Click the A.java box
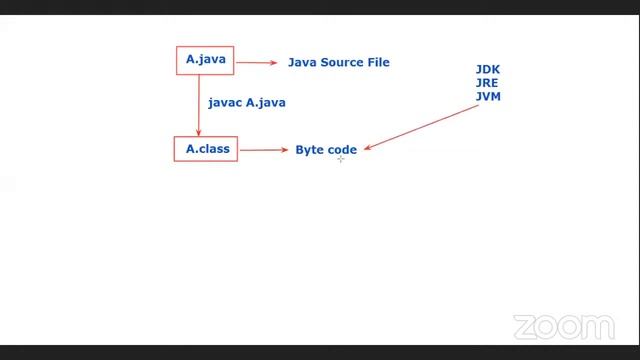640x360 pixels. point(206,60)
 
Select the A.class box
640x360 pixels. point(207,150)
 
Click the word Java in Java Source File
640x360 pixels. point(302,62)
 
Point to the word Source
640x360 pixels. point(342,62)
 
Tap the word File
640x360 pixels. point(378,62)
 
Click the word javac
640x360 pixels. point(225,103)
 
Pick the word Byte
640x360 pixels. point(309,150)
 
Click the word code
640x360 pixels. point(342,150)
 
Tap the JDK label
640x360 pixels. point(488,70)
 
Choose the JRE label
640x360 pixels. point(488,83)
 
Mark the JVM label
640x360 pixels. point(488,96)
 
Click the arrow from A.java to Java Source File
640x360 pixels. point(257,62)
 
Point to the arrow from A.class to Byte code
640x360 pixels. point(264,150)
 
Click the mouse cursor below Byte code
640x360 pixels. point(340,159)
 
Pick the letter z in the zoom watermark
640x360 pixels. point(525,327)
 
